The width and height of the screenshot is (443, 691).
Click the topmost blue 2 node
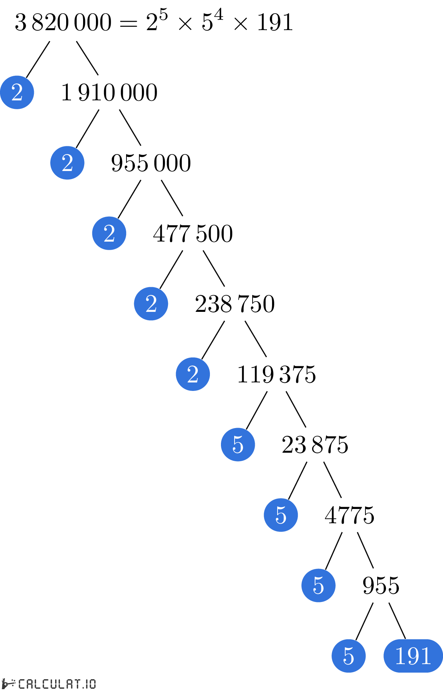click(17, 92)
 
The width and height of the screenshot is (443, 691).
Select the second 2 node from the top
click(67, 163)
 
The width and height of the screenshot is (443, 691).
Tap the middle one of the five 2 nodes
click(109, 233)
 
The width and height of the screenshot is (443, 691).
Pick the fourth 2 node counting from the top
click(151, 304)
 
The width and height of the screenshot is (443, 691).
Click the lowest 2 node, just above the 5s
click(193, 374)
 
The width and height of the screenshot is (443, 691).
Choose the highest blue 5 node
click(238, 445)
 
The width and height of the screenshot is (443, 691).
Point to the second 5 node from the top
click(281, 515)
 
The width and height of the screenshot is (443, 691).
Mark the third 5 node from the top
click(318, 585)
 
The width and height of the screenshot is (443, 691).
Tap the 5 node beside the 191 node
click(349, 656)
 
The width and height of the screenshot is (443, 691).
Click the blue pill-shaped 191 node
click(413, 656)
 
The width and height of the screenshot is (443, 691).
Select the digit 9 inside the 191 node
click(413, 656)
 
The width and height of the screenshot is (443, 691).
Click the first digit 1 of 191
click(401, 656)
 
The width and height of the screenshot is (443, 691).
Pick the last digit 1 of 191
click(426, 656)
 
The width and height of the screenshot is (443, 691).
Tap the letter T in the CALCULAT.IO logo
click(76, 684)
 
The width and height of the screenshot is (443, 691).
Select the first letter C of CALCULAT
click(22, 684)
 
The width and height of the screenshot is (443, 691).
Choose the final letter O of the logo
click(92, 684)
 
